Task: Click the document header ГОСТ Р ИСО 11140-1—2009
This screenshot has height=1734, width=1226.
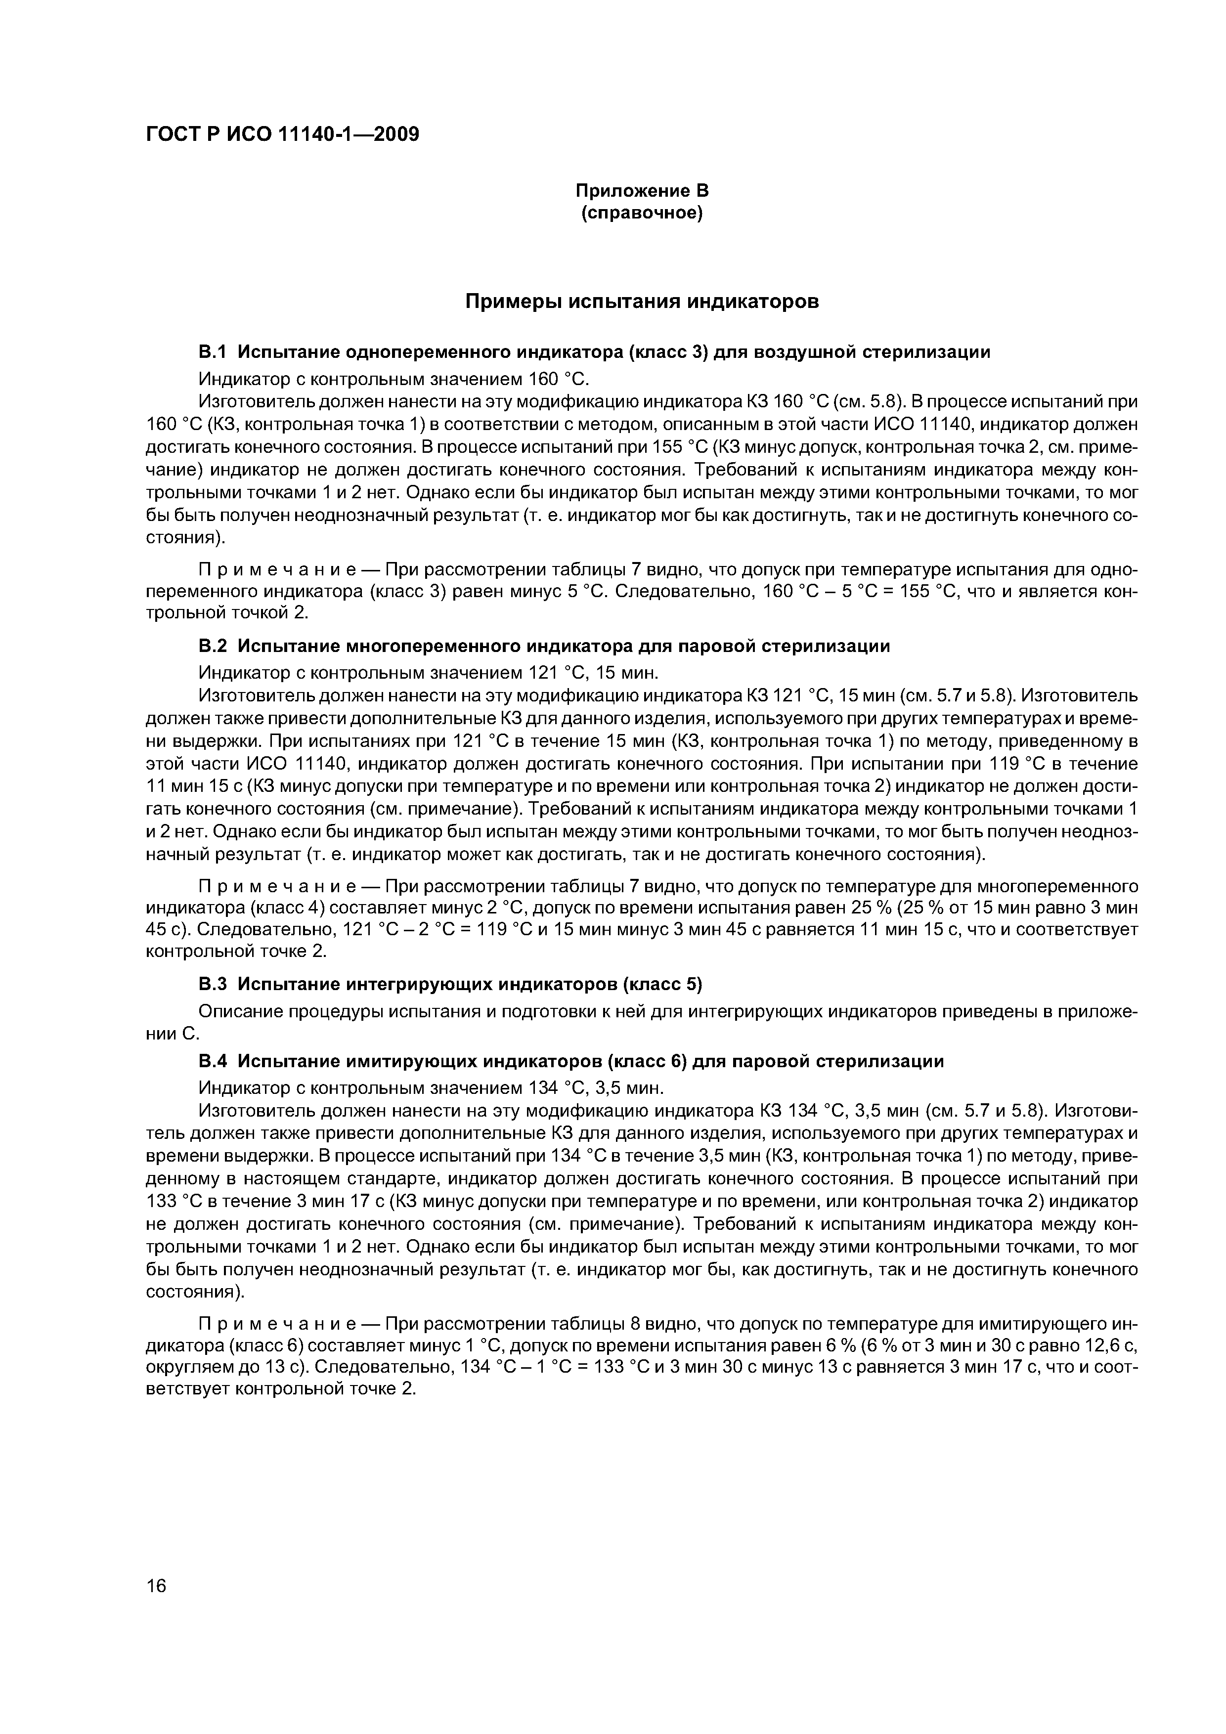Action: pyautogui.click(x=282, y=135)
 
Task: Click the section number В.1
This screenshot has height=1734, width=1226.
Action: pyautogui.click(x=212, y=352)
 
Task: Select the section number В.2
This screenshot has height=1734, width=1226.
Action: pyautogui.click(x=212, y=647)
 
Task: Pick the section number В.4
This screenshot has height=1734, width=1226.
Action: pyautogui.click(x=212, y=1061)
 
